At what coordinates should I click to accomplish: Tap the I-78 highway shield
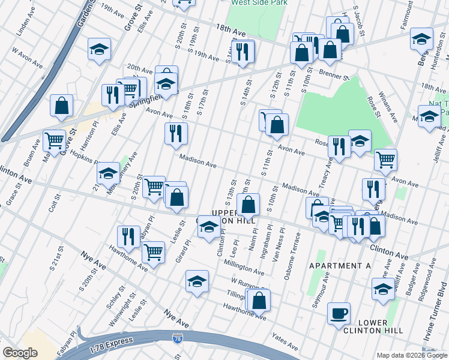(177, 339)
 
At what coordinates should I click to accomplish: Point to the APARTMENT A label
(340, 265)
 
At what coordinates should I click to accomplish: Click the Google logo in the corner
(20, 353)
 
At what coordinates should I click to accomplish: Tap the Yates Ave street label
(285, 343)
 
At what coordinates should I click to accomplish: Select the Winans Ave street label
(390, 109)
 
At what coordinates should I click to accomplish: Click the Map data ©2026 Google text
(411, 355)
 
